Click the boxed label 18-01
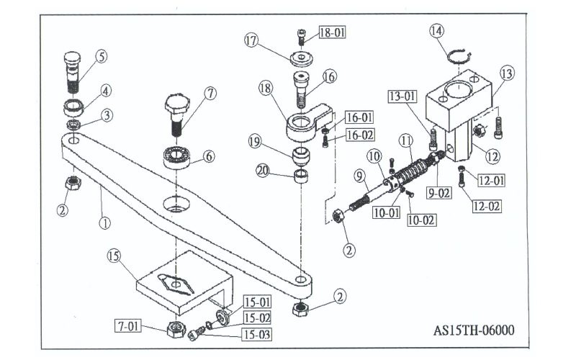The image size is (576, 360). tap(333, 32)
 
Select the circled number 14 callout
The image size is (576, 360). tap(436, 31)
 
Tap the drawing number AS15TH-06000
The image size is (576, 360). tap(474, 330)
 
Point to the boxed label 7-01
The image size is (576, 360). tap(128, 326)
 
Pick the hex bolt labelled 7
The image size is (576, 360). tap(176, 114)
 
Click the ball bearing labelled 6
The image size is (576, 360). tap(177, 157)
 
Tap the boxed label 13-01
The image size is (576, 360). tap(402, 96)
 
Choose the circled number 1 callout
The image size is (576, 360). tap(104, 222)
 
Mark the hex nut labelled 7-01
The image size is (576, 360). tap(176, 329)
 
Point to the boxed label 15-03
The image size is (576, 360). tap(257, 335)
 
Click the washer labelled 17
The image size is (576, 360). tap(301, 60)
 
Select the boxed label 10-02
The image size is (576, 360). tap(422, 220)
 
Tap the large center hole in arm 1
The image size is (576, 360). tap(176, 204)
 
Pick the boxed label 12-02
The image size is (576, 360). tap(487, 206)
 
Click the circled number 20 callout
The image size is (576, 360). tap(263, 171)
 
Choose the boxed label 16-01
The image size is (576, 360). tap(359, 117)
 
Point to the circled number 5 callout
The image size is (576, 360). tap(102, 57)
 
